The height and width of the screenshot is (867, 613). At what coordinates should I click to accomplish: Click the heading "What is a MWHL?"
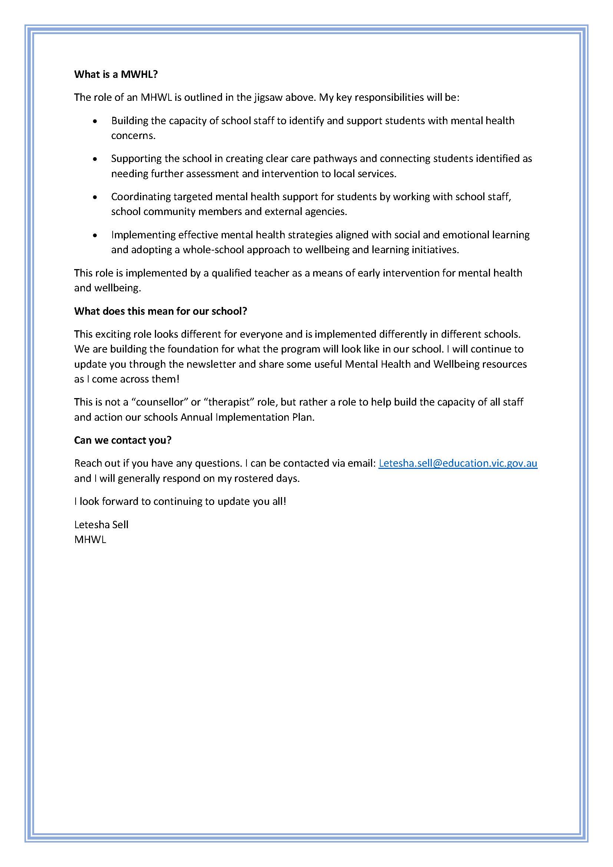[116, 75]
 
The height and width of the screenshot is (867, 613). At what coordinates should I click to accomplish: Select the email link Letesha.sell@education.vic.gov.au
[457, 463]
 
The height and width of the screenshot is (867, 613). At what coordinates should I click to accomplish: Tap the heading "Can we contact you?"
[123, 440]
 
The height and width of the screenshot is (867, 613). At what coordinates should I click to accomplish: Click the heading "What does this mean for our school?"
[160, 311]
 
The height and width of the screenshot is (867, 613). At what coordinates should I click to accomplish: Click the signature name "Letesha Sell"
[101, 524]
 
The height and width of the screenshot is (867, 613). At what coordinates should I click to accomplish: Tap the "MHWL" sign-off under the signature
[90, 540]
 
